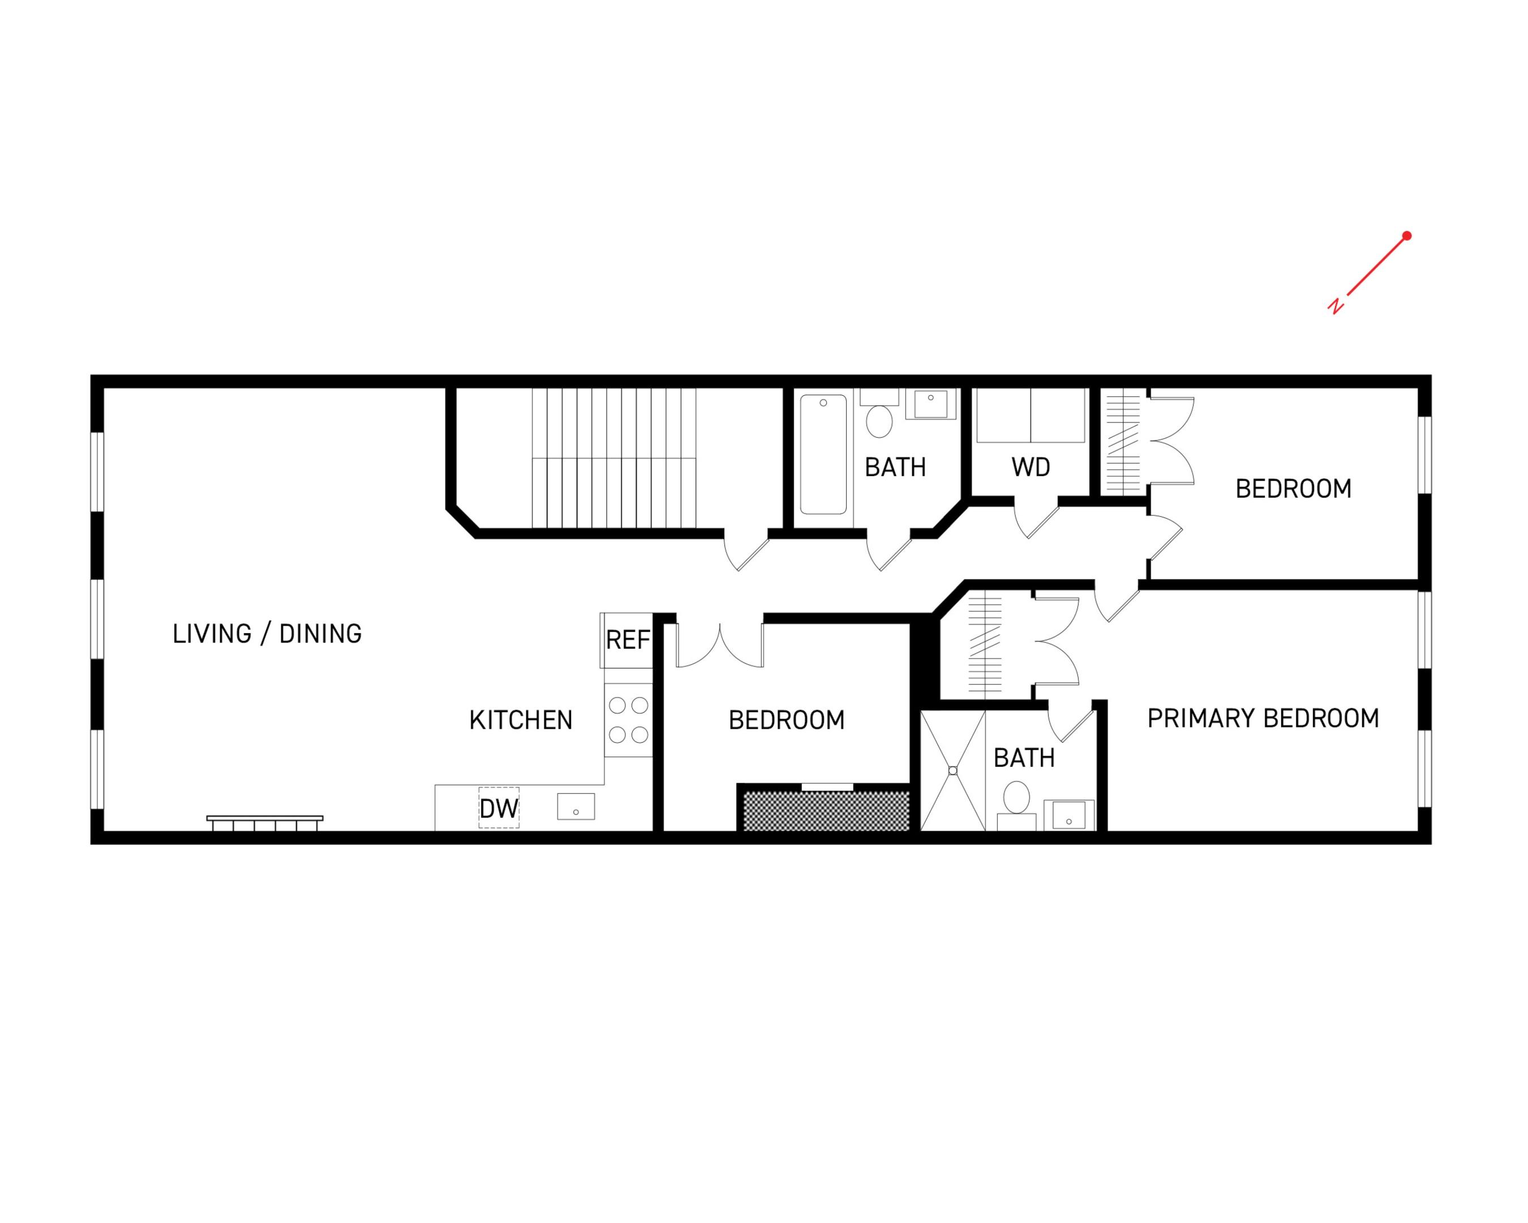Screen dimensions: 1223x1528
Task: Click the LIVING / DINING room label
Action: tap(267, 634)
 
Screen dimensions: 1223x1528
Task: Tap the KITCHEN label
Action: tap(520, 720)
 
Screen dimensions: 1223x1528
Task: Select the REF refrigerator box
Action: tap(627, 640)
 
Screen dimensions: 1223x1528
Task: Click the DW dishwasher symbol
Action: tap(498, 808)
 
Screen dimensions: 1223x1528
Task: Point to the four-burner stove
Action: tap(628, 720)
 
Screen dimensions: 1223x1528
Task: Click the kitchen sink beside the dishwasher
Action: tap(576, 806)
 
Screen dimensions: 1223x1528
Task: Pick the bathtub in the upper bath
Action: tap(823, 455)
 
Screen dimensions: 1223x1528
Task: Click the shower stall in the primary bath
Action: tap(952, 770)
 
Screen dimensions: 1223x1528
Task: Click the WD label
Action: tap(1030, 467)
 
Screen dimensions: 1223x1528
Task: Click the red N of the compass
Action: tap(1335, 306)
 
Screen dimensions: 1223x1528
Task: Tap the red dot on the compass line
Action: tap(1407, 236)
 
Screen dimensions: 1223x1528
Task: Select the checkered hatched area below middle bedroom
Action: tap(826, 811)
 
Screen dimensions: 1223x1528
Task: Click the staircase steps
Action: tap(614, 458)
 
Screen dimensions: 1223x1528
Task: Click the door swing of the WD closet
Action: tap(1036, 521)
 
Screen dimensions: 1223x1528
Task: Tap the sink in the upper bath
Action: tap(930, 404)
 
